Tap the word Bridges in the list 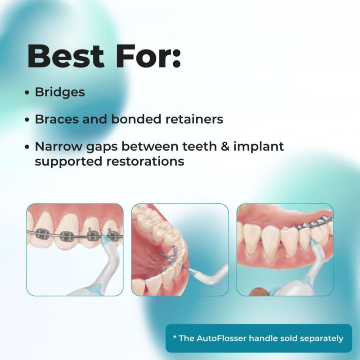pyautogui.click(x=60, y=93)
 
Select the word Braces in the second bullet pyautogui.click(x=57, y=119)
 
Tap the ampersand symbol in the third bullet pyautogui.click(x=225, y=147)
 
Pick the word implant pyautogui.click(x=259, y=147)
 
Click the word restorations pyautogui.click(x=145, y=161)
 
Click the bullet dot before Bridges pyautogui.click(x=27, y=93)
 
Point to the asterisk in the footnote pyautogui.click(x=175, y=337)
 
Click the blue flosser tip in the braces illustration pyautogui.click(x=104, y=239)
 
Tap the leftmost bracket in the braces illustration pyautogui.click(x=42, y=234)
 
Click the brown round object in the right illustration pyautogui.click(x=257, y=292)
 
